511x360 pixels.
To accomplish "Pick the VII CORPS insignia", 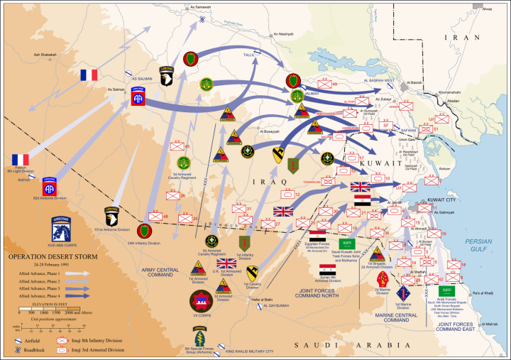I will click(x=202, y=300).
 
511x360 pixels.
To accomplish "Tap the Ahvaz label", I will click(x=486, y=9).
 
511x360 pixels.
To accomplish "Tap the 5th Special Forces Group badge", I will click(x=199, y=334).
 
